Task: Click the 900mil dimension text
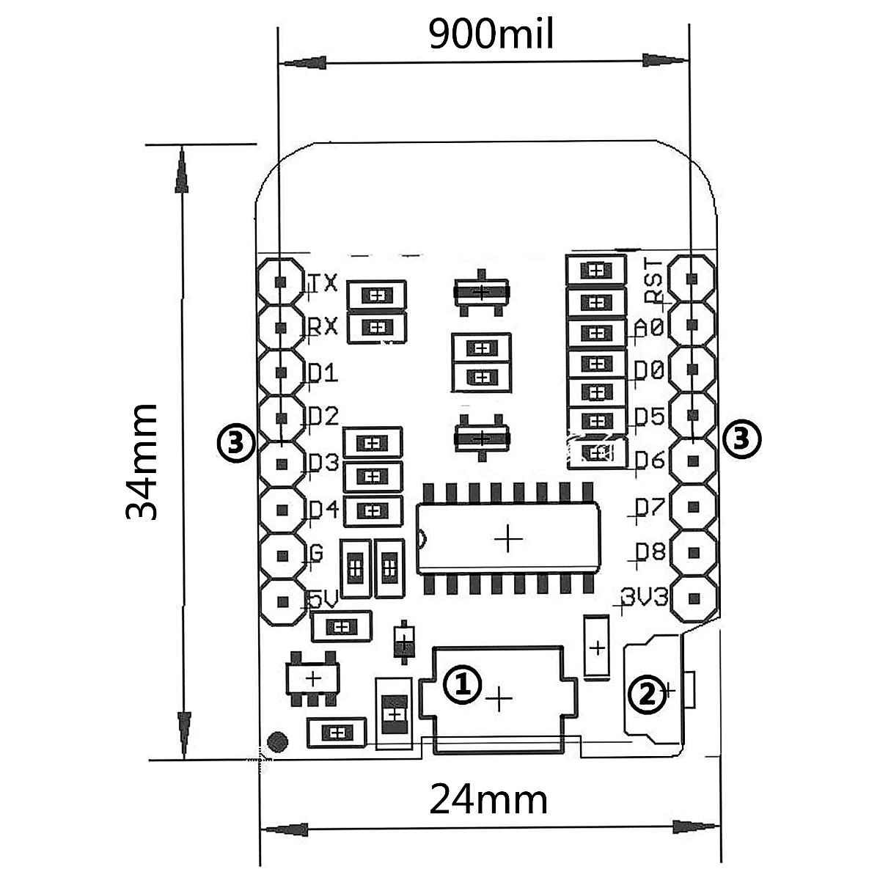(x=491, y=34)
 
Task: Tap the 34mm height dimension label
(x=141, y=462)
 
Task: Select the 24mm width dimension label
(x=488, y=799)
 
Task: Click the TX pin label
(x=324, y=282)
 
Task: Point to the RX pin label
(x=323, y=326)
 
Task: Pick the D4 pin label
(x=324, y=509)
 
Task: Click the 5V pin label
(x=323, y=598)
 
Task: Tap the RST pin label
(x=653, y=280)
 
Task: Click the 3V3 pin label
(x=645, y=596)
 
